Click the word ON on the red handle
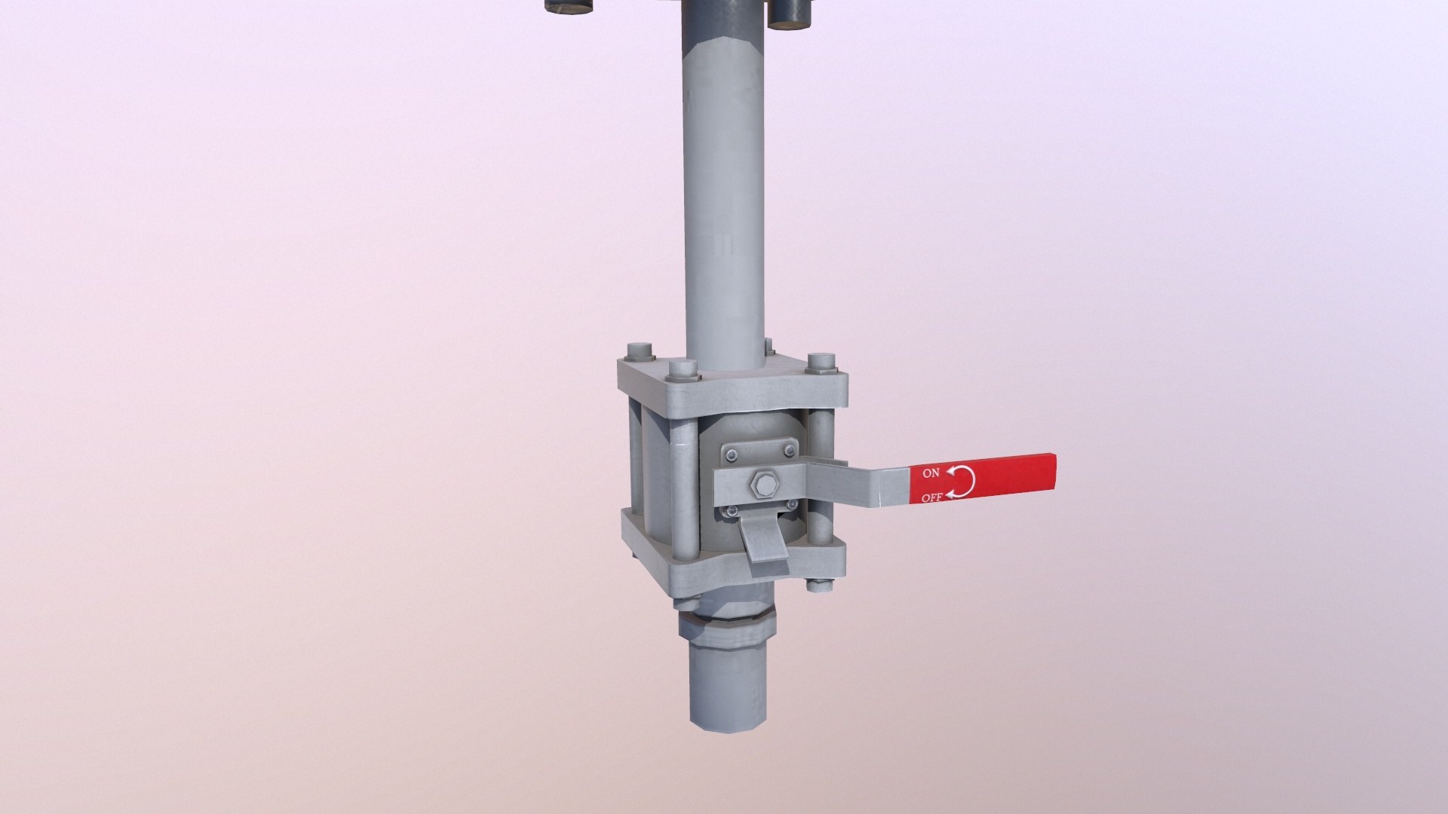[931, 473]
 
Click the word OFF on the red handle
[932, 497]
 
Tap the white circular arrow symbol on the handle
[961, 481]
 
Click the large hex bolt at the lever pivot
[760, 485]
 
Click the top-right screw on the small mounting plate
[789, 451]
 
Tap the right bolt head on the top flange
[821, 363]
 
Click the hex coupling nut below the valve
[728, 630]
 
